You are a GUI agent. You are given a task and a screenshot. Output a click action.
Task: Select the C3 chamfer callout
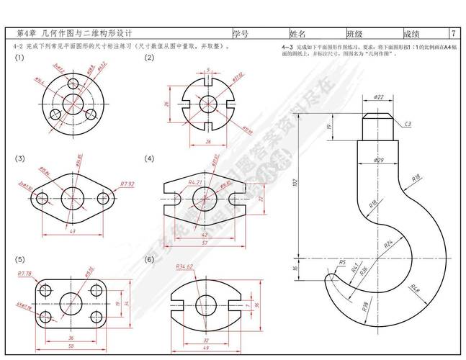(x=408, y=124)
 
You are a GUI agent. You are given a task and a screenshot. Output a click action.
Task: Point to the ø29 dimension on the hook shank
(x=380, y=160)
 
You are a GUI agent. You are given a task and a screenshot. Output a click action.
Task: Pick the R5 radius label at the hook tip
(x=342, y=262)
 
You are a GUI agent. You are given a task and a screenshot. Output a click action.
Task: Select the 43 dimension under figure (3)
(x=72, y=231)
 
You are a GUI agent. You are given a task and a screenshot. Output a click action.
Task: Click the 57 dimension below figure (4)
(x=205, y=243)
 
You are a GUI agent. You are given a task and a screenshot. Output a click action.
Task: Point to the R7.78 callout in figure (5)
(x=24, y=274)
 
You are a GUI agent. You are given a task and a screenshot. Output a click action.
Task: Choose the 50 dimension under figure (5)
(x=71, y=347)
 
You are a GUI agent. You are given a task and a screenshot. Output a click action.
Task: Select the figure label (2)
(x=149, y=58)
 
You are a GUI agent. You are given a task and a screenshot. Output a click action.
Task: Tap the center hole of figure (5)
(x=71, y=304)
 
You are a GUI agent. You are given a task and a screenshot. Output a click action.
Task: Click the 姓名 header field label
(x=298, y=34)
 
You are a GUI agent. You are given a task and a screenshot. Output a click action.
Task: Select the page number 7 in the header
(x=452, y=34)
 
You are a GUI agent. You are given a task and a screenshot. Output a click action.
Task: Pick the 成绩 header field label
(x=411, y=34)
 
